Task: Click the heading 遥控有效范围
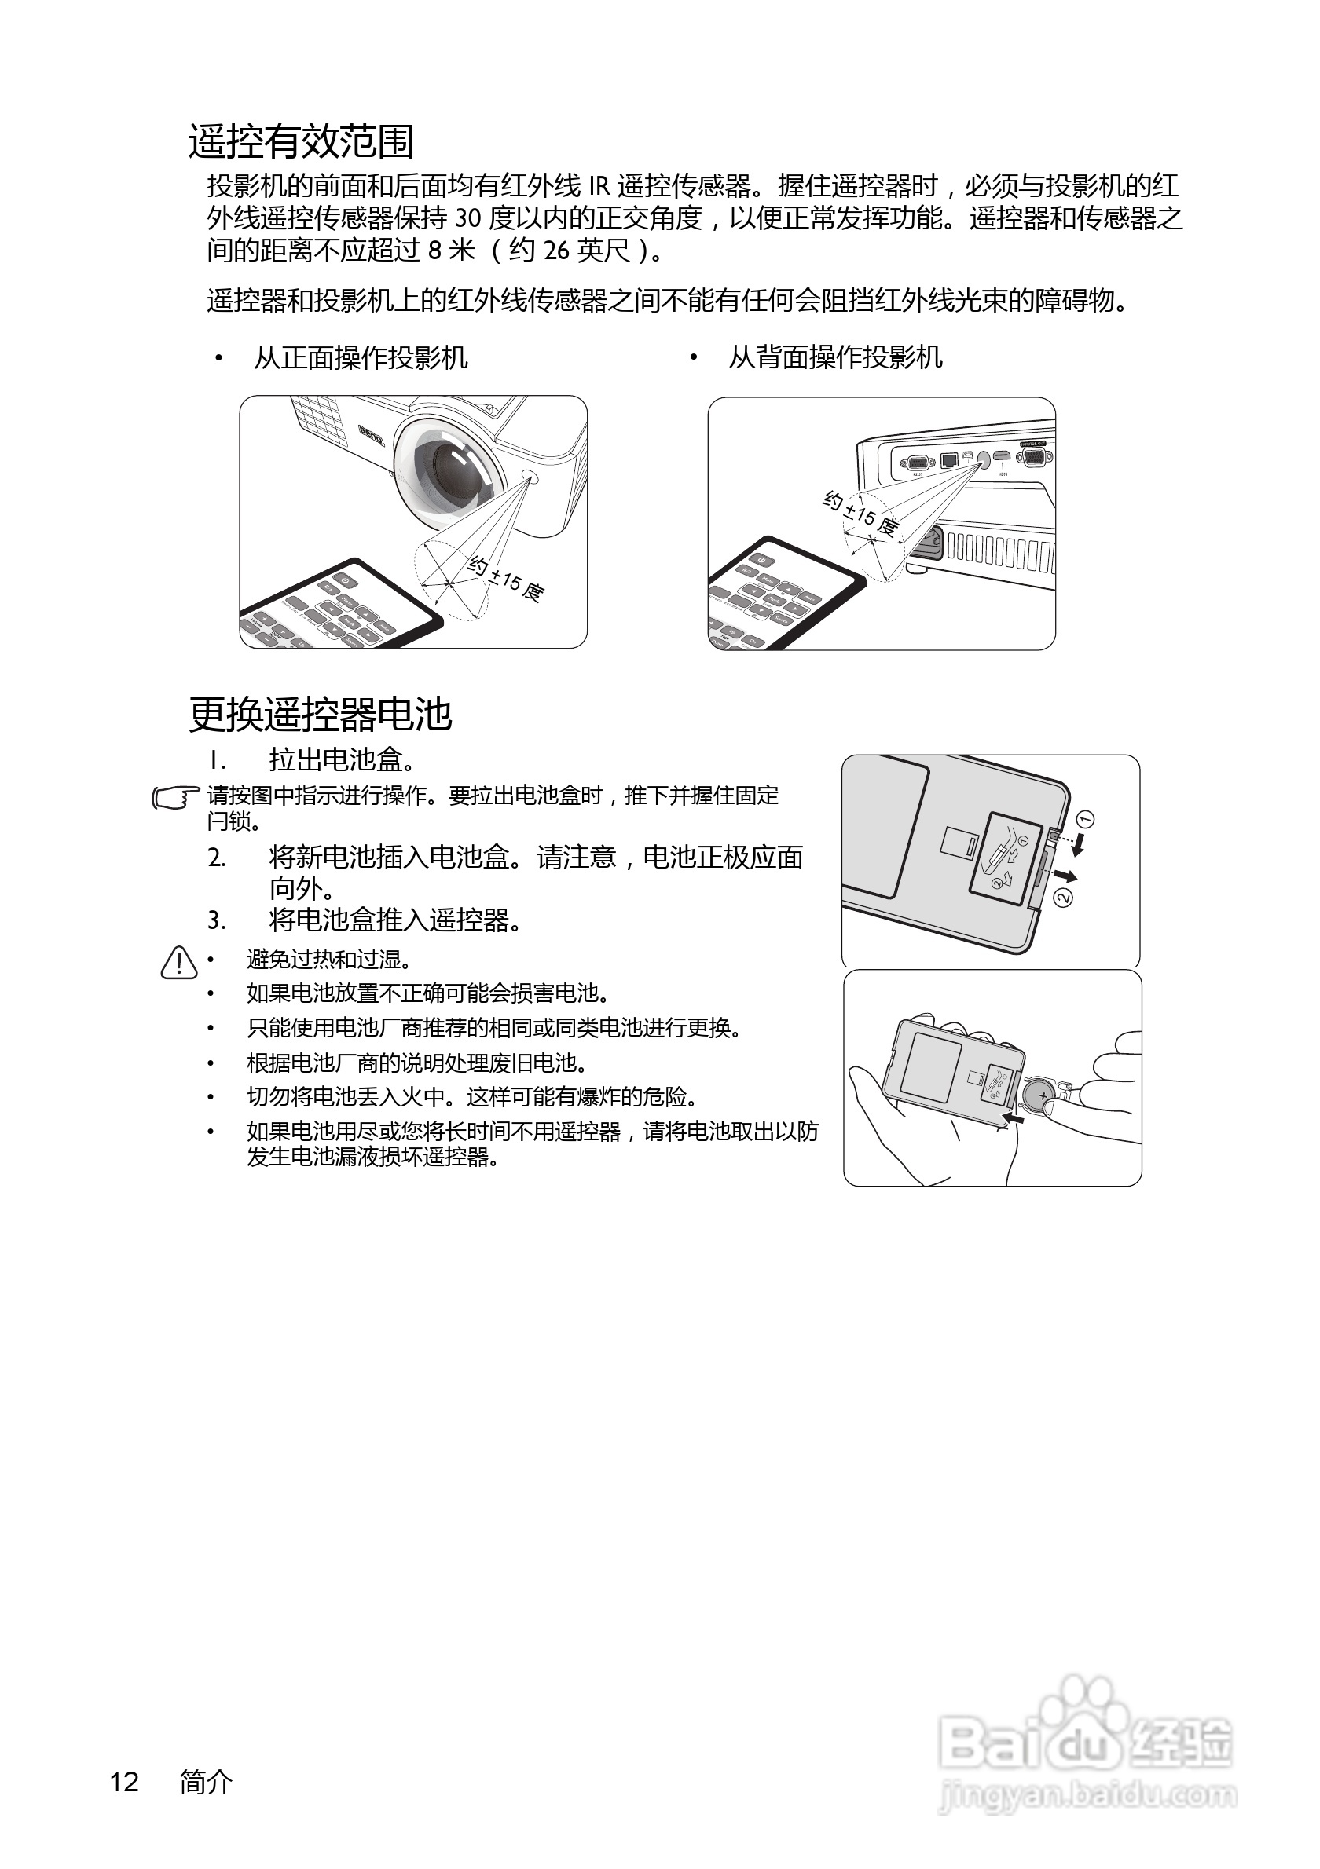point(301,141)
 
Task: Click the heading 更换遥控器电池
point(320,715)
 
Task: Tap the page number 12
point(125,1782)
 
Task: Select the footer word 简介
point(206,1782)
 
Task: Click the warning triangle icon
point(179,962)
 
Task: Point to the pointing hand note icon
point(176,797)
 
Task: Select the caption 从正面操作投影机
point(361,357)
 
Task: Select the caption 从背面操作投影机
point(835,357)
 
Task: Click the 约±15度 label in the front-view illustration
point(506,580)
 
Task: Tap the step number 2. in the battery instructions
point(217,858)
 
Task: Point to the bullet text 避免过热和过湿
point(329,960)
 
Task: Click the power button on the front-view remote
point(345,580)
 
